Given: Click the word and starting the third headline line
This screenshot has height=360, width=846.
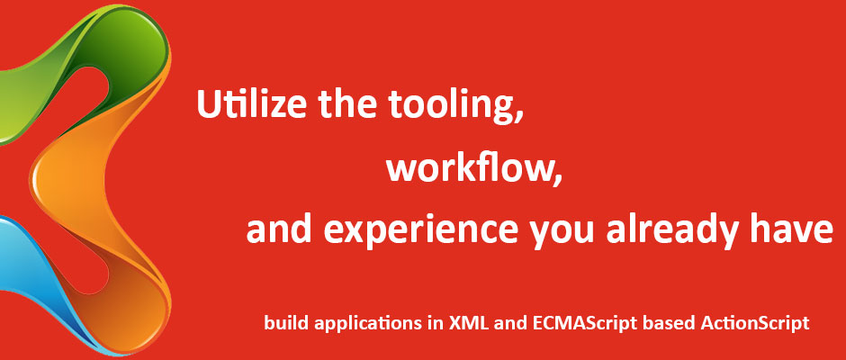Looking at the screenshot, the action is tap(280, 229).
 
